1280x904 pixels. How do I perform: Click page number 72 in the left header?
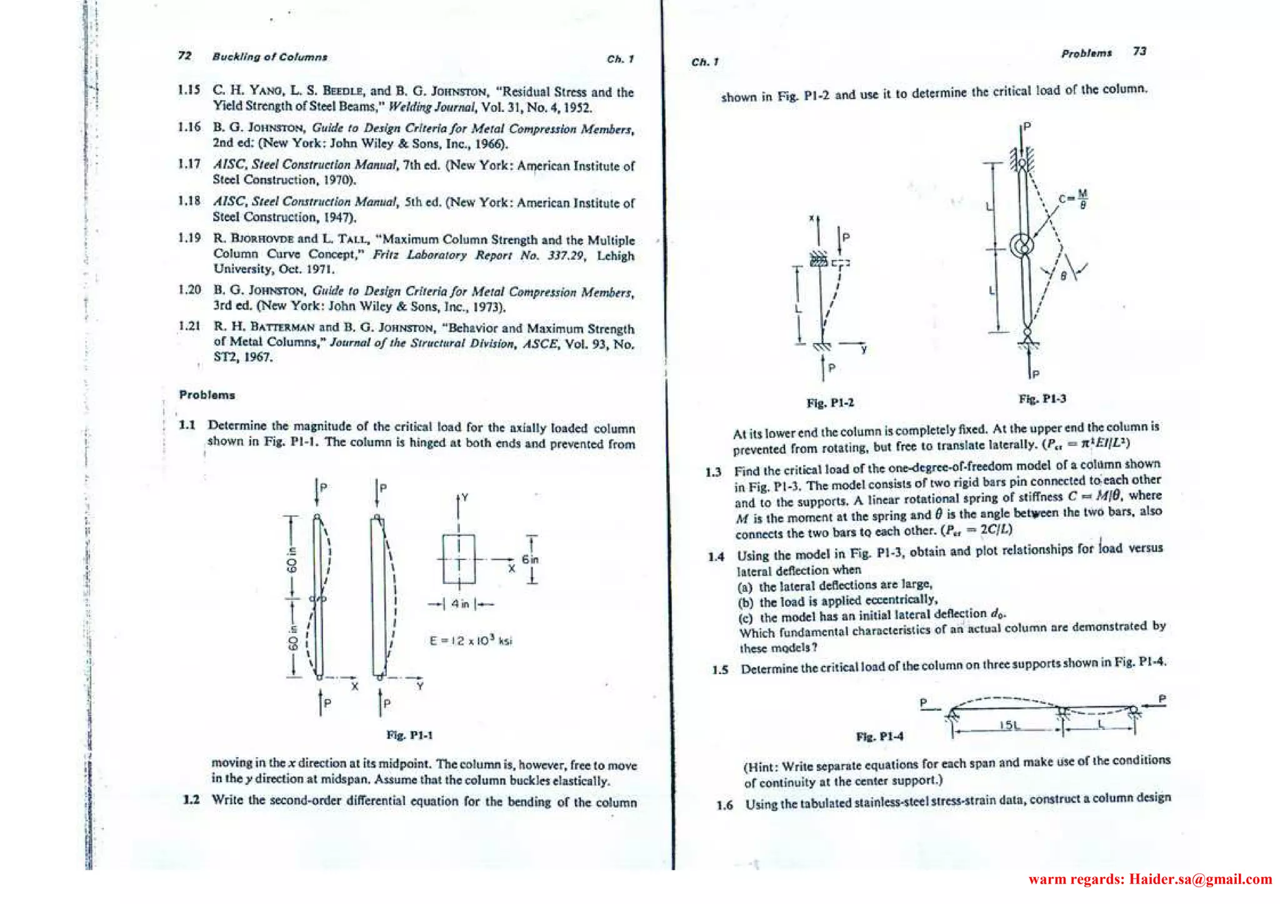tap(184, 56)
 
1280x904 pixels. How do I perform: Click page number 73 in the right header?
tap(1139, 51)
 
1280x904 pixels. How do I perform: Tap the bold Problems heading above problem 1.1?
tap(207, 395)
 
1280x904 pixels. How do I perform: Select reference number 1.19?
tap(189, 238)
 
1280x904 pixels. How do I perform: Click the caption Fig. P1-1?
tap(409, 735)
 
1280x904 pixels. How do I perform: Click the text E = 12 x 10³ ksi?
tap(471, 640)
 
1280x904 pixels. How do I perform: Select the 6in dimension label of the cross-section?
tap(530, 559)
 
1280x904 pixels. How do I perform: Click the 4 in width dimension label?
tap(460, 604)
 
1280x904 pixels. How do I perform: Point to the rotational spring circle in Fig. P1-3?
tap(1023, 246)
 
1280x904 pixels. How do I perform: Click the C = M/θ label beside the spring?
tap(1073, 199)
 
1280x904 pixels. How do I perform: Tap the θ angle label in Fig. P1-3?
tap(1062, 276)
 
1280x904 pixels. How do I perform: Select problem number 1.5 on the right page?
tap(720, 670)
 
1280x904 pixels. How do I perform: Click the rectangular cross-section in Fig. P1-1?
tap(459, 559)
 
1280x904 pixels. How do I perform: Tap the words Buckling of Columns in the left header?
tap(269, 57)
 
